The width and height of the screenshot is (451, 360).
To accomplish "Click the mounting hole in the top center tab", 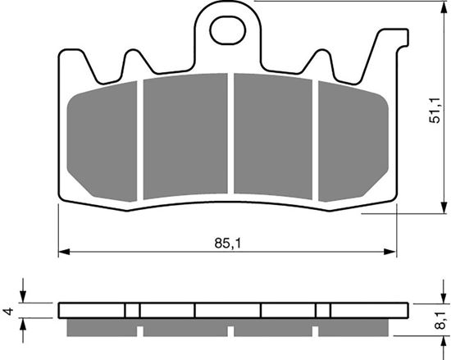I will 225,32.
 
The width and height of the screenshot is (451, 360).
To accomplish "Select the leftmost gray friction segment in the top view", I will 102,139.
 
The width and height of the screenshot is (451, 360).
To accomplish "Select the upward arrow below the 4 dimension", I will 24,323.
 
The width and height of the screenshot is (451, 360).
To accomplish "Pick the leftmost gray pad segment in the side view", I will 101,326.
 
